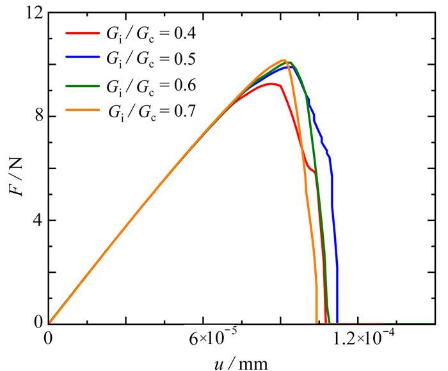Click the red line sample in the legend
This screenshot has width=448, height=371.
coord(82,31)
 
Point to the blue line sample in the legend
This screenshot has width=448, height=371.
coord(82,58)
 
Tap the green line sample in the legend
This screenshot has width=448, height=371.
coord(82,84)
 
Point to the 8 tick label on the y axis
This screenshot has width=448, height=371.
coord(36,117)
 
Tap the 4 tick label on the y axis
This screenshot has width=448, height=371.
coord(36,220)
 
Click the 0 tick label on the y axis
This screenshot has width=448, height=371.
coord(36,323)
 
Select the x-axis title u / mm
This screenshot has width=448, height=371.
coord(241,362)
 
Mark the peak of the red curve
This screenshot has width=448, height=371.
coord(273,83)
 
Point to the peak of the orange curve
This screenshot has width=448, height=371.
coord(284,60)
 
